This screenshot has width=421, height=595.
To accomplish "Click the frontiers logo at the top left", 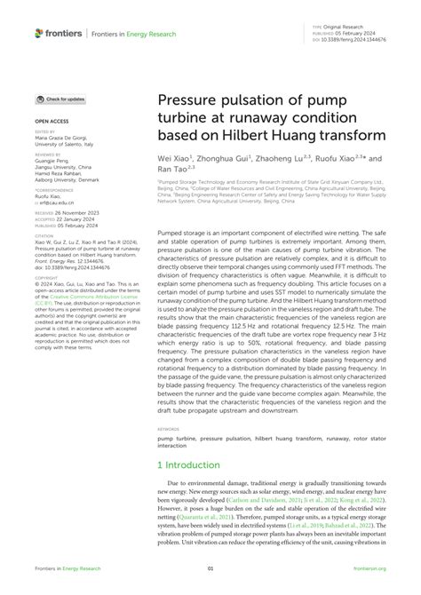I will [x=59, y=34].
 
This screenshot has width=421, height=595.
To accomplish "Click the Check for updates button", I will [x=60, y=99].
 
